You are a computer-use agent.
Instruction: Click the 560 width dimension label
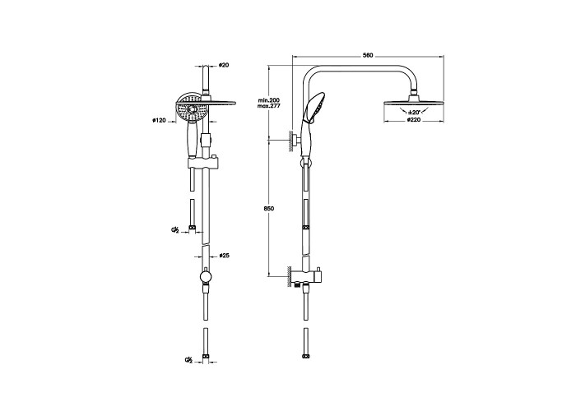tap(368, 56)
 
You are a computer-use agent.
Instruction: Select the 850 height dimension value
tap(269, 209)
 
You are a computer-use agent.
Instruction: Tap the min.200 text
tap(269, 100)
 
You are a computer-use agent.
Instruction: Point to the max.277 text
tap(269, 106)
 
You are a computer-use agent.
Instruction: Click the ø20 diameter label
tap(224, 65)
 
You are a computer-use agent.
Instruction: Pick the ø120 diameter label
tap(160, 120)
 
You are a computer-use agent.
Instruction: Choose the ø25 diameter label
tap(224, 256)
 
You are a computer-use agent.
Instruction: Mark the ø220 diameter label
tap(414, 120)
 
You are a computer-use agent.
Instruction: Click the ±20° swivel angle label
tap(414, 113)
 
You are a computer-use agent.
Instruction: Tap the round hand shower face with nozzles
tap(192, 112)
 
